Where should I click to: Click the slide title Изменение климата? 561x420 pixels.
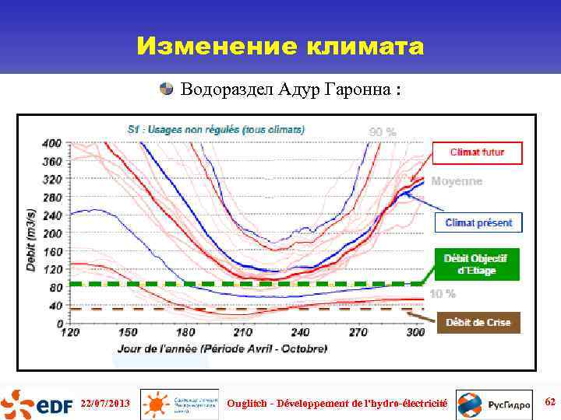point(280,47)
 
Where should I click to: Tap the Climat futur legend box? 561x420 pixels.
point(477,152)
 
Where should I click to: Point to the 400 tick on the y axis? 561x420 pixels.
point(52,143)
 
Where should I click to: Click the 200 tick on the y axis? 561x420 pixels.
point(52,233)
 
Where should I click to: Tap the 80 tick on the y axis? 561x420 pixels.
point(55,288)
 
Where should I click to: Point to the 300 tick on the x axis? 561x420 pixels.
point(416,333)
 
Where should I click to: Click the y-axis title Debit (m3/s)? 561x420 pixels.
point(32,238)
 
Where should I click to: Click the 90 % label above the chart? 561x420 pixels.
point(382,131)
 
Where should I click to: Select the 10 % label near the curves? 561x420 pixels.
point(442,293)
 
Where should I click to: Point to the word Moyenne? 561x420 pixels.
point(457,181)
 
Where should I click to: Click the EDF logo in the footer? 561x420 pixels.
point(35,404)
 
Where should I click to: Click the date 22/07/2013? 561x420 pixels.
point(104,404)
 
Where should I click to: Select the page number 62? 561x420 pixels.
point(550,402)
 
